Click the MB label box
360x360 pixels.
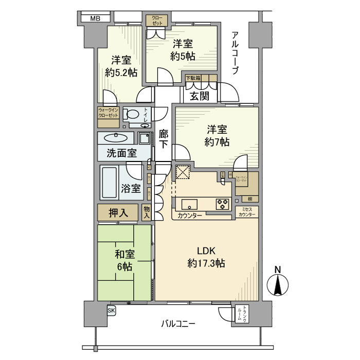tap(95, 19)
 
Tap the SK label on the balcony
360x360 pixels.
tap(111, 310)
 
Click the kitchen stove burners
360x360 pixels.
tap(222, 204)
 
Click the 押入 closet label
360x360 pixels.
tap(118, 212)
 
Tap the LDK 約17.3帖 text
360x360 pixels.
tap(206, 257)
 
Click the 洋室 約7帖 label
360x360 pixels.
tap(218, 135)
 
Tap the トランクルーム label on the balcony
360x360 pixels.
tap(241, 314)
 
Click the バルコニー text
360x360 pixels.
tap(178, 324)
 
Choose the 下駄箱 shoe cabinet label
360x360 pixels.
tap(193, 78)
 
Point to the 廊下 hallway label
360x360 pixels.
tap(164, 139)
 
